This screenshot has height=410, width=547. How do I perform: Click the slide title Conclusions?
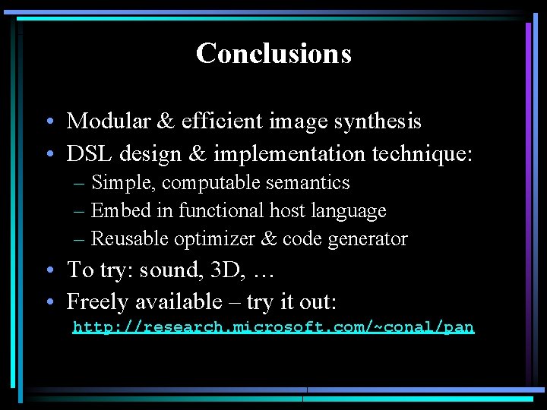[x=273, y=53]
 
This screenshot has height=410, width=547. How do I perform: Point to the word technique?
[x=422, y=154]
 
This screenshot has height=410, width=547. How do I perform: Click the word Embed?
[x=115, y=210]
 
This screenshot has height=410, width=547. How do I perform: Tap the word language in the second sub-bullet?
[x=352, y=211]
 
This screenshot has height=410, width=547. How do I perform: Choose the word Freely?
[x=98, y=302]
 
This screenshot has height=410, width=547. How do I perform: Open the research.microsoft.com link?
[x=273, y=327]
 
